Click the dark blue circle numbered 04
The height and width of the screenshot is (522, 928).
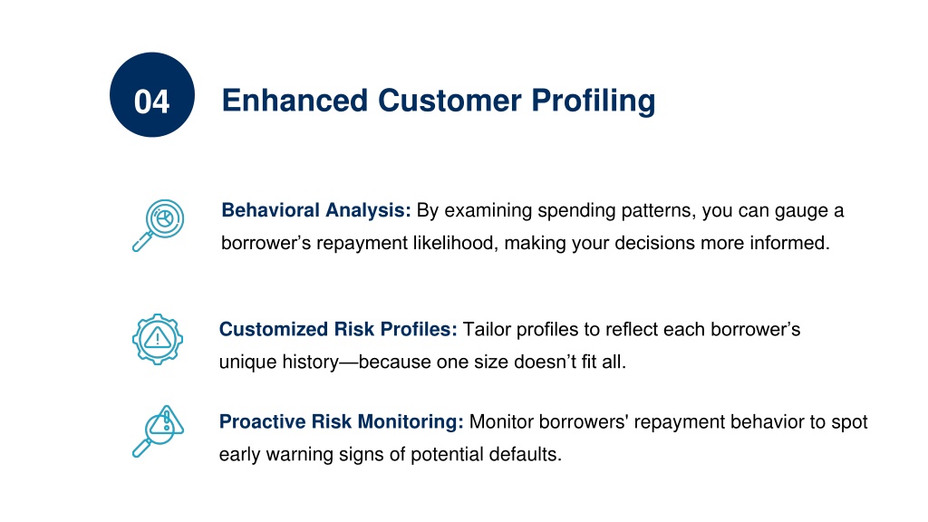(152, 94)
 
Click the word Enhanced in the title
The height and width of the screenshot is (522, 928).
(295, 100)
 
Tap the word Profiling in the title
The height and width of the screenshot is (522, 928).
(593, 101)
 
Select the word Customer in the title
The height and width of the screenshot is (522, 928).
(449, 100)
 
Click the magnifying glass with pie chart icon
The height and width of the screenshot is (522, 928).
(158, 226)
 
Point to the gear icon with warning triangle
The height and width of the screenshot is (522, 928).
(158, 339)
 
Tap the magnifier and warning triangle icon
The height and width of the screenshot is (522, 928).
(158, 430)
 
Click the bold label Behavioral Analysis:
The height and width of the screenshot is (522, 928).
(316, 210)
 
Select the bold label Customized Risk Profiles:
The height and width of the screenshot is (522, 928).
(338, 329)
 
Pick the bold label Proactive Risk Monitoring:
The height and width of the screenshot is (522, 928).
(342, 421)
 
